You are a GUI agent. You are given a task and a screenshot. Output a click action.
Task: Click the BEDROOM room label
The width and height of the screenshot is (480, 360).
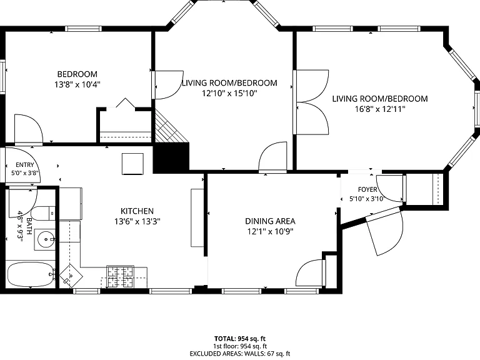tap(77, 74)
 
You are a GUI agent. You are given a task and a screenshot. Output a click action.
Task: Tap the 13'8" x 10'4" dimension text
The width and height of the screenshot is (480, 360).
tap(77, 84)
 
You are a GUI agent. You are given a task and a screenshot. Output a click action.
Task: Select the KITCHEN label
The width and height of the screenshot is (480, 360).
tap(137, 211)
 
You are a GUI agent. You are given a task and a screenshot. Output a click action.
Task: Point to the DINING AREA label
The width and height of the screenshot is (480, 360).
tap(270, 221)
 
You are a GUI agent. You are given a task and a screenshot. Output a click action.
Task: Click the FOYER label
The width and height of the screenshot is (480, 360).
tap(367, 189)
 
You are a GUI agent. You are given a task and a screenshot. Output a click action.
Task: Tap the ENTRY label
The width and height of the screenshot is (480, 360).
tap(25, 165)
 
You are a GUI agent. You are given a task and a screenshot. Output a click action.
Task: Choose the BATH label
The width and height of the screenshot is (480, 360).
tap(29, 226)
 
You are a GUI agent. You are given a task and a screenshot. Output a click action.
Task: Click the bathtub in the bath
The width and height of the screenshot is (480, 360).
tap(31, 274)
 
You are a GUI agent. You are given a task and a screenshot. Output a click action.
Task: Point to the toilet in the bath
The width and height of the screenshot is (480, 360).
tap(43, 213)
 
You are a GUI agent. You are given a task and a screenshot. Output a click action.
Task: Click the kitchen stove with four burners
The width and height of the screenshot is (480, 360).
tap(120, 277)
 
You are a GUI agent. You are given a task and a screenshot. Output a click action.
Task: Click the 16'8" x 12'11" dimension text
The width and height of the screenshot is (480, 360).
tap(380, 109)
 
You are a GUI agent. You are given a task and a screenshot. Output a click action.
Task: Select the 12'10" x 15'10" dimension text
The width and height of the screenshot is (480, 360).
tap(229, 93)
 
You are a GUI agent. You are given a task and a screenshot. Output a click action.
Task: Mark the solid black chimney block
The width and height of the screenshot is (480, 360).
tap(171, 157)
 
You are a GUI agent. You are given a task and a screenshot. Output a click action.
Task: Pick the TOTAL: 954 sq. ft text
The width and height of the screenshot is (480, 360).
tap(240, 339)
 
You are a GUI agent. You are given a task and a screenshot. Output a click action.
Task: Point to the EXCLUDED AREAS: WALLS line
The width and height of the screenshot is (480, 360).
tap(240, 354)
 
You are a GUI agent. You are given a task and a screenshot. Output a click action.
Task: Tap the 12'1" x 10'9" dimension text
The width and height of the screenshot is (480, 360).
tap(270, 231)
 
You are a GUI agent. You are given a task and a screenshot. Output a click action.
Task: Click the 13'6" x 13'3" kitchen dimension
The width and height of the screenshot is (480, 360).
tap(137, 221)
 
